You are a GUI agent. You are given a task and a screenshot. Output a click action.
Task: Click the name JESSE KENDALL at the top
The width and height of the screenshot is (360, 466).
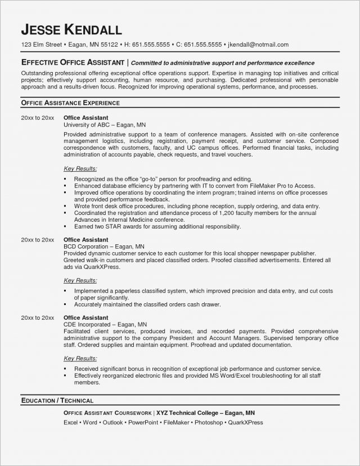coord(71,29)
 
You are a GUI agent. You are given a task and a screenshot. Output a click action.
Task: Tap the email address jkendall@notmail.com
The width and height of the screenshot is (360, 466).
coord(256,44)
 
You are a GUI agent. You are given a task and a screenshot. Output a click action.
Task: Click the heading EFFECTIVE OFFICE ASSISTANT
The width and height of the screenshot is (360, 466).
coord(73,62)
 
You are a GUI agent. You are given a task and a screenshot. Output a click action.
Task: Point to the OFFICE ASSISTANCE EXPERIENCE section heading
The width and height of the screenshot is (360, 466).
coord(70,104)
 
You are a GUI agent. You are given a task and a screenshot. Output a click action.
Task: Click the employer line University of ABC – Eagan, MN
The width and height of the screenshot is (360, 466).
coord(105,124)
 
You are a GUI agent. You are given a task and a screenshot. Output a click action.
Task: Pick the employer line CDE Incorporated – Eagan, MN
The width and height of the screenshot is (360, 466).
coord(105,325)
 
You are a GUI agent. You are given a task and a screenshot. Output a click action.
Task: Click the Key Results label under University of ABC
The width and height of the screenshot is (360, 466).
coord(80,168)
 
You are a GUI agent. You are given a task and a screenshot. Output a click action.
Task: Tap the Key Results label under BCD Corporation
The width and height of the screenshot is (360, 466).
coord(80,280)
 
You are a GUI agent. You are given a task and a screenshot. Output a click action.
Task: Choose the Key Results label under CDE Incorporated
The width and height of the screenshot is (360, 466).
coord(80,358)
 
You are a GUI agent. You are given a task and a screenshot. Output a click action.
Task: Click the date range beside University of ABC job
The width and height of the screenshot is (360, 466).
coord(37,117)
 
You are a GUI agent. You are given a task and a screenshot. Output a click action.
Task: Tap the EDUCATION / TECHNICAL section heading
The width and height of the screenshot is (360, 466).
coord(57,401)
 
